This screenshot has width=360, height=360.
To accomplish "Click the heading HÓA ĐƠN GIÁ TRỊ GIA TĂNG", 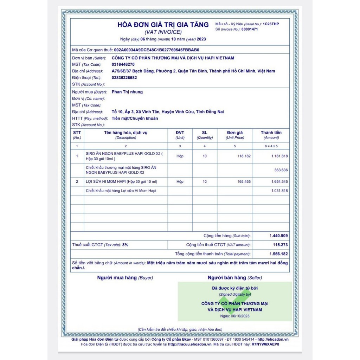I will [163, 25].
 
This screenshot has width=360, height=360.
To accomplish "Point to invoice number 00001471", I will [250, 30].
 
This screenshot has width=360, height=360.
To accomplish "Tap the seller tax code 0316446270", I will [123, 65].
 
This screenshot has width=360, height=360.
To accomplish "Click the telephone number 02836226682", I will [124, 78].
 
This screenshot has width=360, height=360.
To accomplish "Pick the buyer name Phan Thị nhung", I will [127, 92].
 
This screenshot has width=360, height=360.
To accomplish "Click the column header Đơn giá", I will [235, 133].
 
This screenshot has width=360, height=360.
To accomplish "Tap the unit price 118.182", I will [244, 156].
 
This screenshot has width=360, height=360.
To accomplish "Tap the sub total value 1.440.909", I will [278, 236].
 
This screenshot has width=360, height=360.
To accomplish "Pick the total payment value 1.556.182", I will [278, 254].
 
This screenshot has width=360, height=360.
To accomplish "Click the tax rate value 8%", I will [125, 245].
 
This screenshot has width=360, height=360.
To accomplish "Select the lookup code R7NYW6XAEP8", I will [265, 345].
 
